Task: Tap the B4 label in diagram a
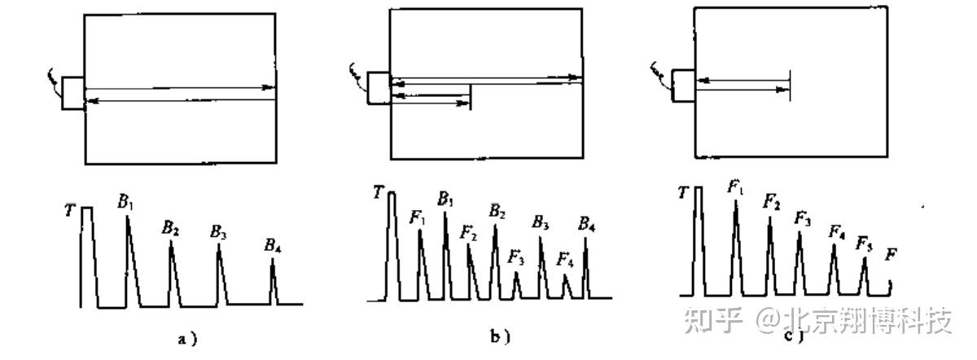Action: click(273, 245)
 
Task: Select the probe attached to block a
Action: click(73, 93)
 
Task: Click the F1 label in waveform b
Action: click(418, 217)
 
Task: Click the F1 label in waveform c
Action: click(736, 188)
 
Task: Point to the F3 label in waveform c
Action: click(802, 218)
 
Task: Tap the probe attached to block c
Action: click(683, 86)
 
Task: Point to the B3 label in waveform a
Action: click(218, 232)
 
